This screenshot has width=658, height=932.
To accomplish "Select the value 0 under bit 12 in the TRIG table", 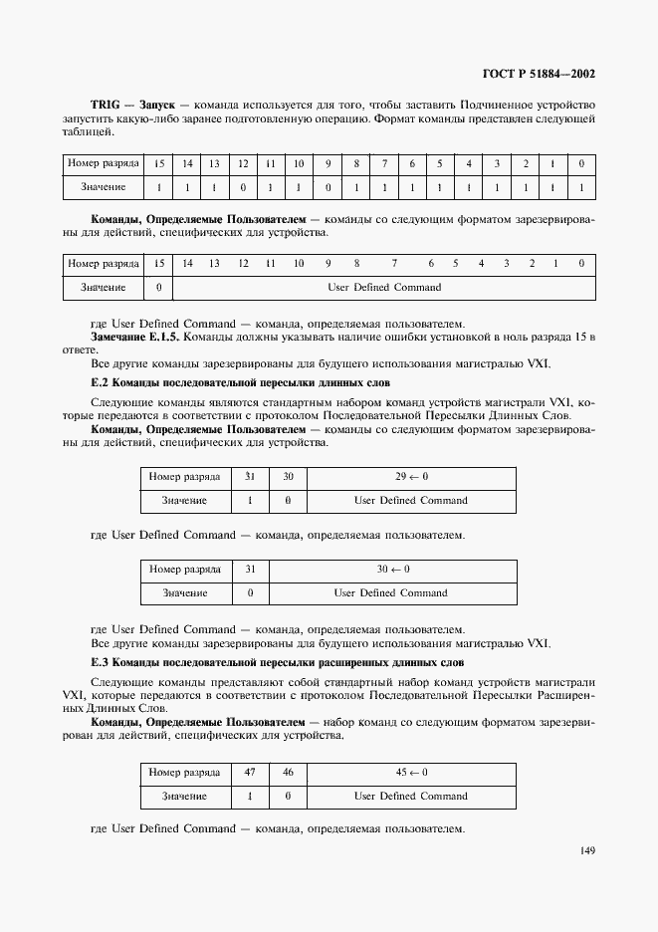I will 242,187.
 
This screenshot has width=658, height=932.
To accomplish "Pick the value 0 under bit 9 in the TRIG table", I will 327,187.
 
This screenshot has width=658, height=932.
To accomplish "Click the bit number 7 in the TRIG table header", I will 384,162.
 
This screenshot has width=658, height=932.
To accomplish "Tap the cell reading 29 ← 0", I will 410,477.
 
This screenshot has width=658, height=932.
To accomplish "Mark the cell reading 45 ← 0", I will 410,772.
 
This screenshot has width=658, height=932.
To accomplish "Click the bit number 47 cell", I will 250,772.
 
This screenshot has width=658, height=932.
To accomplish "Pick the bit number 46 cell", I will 288,772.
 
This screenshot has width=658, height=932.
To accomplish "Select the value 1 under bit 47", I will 250,797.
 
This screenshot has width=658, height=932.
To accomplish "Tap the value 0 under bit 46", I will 288,797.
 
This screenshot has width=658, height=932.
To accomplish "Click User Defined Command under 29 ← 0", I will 410,501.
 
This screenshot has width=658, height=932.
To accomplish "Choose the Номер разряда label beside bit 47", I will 184,772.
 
